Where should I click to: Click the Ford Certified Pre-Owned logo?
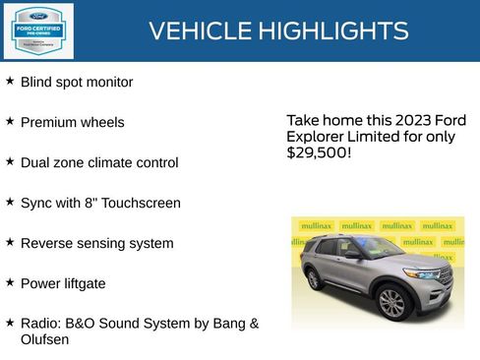click(x=37, y=30)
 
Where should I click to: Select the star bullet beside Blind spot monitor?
click(x=10, y=81)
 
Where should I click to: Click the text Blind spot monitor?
click(x=77, y=83)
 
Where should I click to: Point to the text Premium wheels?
click(x=73, y=123)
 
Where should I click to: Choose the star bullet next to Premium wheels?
click(x=10, y=121)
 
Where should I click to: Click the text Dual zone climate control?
click(x=99, y=163)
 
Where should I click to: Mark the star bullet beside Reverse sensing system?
click(x=10, y=241)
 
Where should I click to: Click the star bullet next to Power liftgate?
click(x=10, y=281)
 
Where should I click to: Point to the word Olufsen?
click(x=44, y=340)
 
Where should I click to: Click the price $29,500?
click(x=319, y=153)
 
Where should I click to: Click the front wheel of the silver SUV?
click(x=392, y=302)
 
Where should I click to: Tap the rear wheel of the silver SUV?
click(x=314, y=279)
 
